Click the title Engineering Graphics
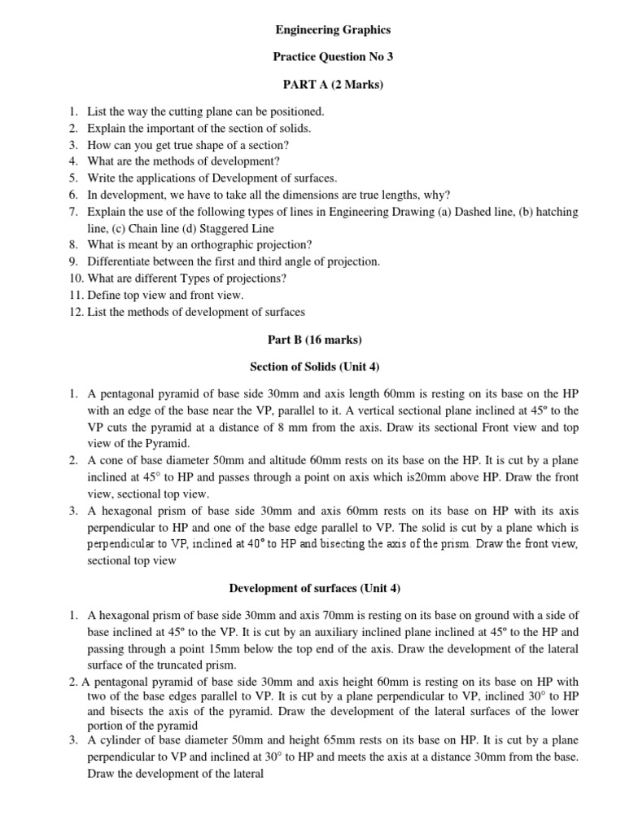point(332,30)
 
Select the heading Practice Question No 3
point(332,56)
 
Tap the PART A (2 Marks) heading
point(332,83)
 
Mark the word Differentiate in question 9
point(121,261)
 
